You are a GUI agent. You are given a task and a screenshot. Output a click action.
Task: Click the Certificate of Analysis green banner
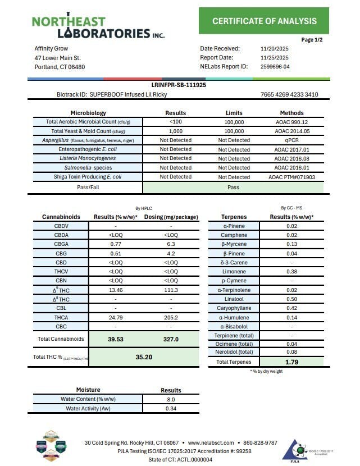point(264,21)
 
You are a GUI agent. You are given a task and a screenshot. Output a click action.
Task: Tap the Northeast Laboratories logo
point(98,27)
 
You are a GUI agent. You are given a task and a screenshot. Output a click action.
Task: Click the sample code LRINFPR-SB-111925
point(179,85)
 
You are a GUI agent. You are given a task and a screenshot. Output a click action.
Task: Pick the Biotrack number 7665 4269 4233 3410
point(289,94)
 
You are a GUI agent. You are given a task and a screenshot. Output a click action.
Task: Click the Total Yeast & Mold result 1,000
point(175,131)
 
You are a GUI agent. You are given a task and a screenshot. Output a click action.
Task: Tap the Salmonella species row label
point(87,167)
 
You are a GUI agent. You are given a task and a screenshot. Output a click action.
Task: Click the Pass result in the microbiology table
point(234,186)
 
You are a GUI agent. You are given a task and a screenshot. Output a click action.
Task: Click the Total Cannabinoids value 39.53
point(116,339)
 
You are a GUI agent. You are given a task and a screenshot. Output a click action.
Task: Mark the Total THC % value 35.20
point(144,357)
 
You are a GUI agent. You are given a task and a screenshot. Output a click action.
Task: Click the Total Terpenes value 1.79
point(291,362)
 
